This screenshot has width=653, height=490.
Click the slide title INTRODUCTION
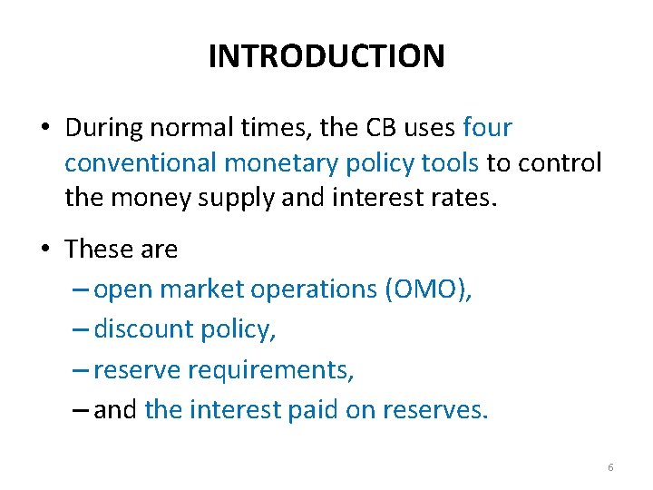pos(326,56)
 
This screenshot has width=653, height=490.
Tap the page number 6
pos(610,467)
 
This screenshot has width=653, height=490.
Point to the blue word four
pos(487,128)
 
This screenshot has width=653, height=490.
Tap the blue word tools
pos(446,163)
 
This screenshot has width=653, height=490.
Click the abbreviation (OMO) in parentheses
pos(428,289)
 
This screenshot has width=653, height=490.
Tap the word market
pos(201,289)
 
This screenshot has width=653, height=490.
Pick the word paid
pos(314,410)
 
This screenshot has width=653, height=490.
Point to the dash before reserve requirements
pos(79,370)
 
